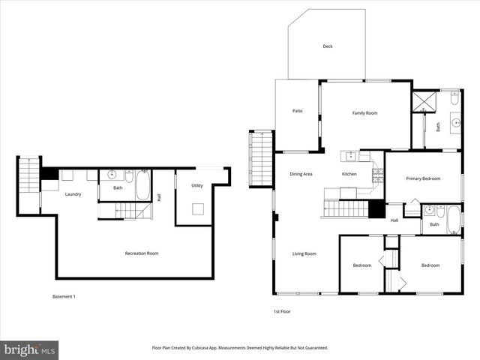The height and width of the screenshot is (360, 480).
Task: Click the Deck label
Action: (327, 46)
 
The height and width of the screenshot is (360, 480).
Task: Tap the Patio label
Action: (297, 111)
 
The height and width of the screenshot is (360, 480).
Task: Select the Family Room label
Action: (364, 113)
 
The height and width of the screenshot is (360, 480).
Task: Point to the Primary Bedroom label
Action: (423, 178)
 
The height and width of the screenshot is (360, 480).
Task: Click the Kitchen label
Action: (349, 174)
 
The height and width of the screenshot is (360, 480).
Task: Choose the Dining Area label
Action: (301, 174)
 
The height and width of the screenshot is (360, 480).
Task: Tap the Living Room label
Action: (304, 253)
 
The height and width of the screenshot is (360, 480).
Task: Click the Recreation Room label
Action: (141, 253)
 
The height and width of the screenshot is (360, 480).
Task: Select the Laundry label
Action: (73, 194)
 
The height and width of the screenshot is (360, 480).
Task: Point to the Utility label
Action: (197, 185)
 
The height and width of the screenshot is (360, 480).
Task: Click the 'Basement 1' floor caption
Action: (64, 296)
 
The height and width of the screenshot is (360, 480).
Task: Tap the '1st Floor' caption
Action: (282, 310)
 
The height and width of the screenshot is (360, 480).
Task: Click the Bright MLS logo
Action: (30, 349)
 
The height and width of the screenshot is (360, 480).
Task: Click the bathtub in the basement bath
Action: (142, 184)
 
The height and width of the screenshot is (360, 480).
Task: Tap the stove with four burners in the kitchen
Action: (377, 175)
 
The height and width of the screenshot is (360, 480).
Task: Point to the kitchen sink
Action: (350, 156)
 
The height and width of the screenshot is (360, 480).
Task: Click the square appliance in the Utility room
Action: (198, 209)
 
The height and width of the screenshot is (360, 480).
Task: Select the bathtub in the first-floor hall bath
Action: (454, 219)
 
